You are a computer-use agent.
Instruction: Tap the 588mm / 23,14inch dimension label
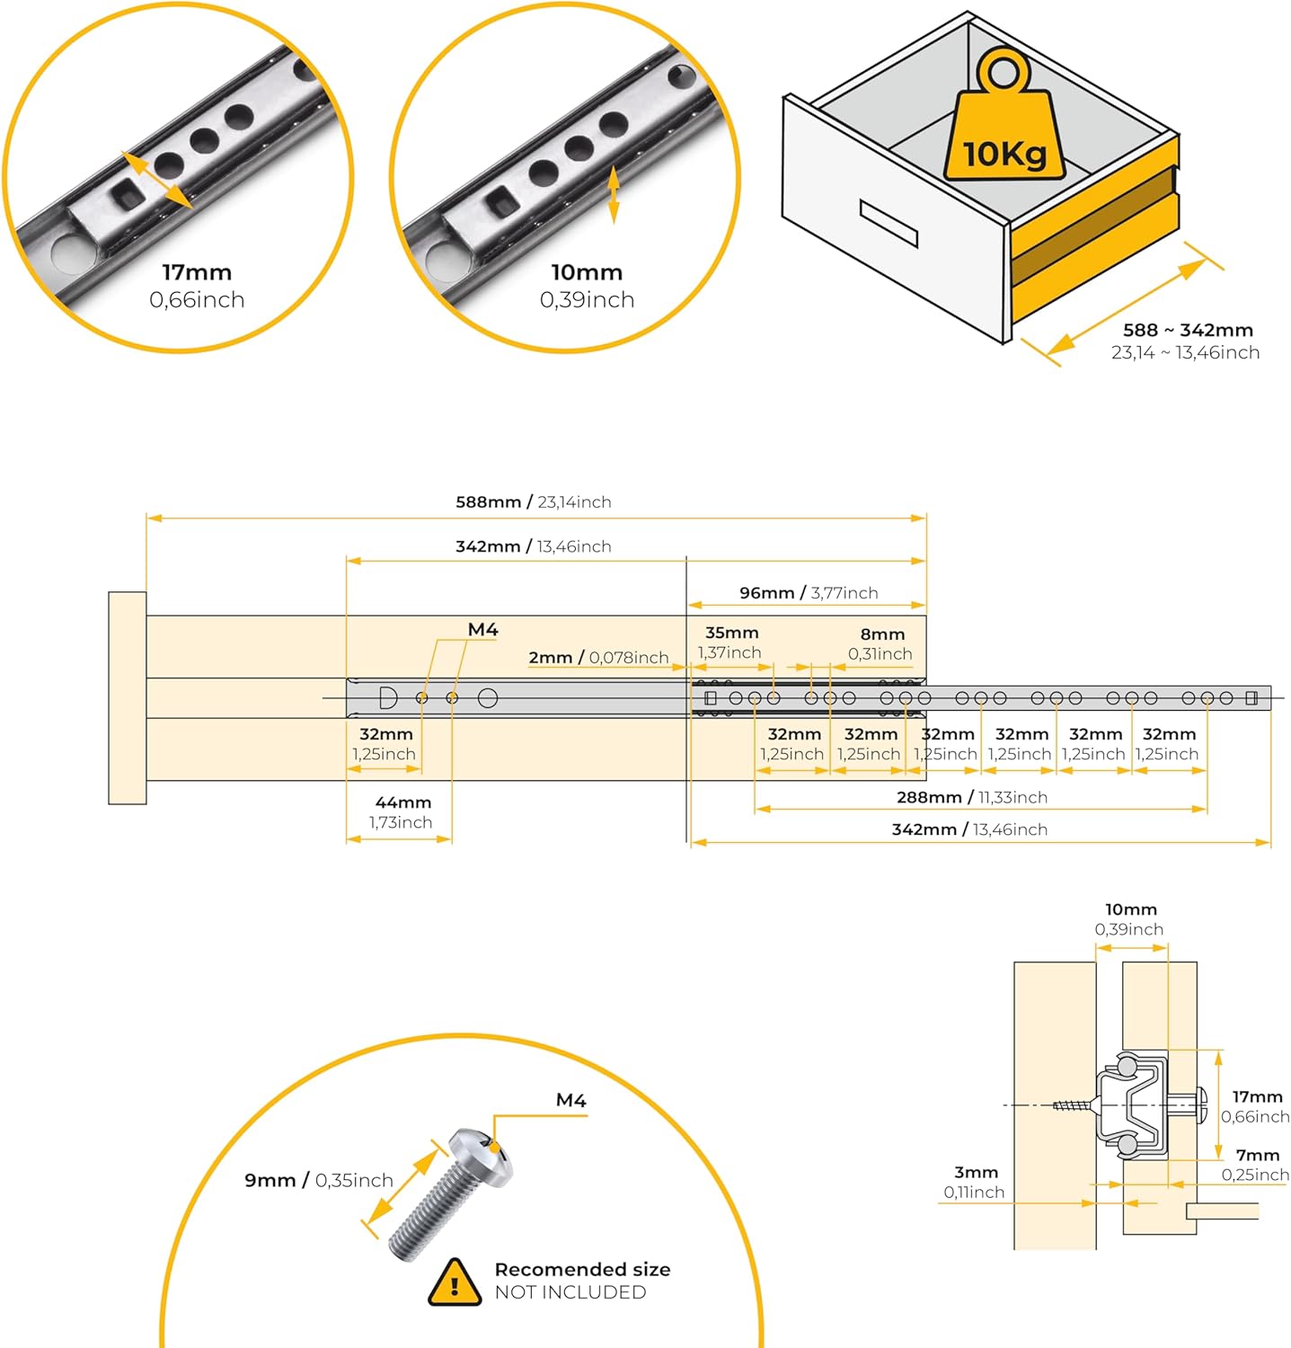pos(533,501)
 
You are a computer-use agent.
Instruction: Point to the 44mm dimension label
pos(402,803)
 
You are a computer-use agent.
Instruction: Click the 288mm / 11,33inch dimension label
pos(971,797)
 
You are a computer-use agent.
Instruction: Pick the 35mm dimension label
pos(731,633)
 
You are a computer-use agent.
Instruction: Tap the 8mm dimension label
pos(882,634)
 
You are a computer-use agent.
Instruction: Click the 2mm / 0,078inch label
pos(598,658)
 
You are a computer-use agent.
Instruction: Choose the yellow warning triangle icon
pos(455,1282)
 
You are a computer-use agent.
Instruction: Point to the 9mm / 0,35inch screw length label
pos(318,1180)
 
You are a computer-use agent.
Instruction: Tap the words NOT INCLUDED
pos(570,1292)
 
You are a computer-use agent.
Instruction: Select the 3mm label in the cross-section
pos(976,1172)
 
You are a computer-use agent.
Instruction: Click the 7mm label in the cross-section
pos(1257,1155)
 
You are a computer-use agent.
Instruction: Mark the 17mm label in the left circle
pos(197,272)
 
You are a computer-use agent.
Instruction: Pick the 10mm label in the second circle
pos(587,272)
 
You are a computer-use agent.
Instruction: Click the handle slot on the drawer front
pos(888,223)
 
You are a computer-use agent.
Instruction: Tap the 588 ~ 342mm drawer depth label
pos(1187,330)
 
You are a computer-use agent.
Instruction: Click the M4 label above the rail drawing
pos(482,630)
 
